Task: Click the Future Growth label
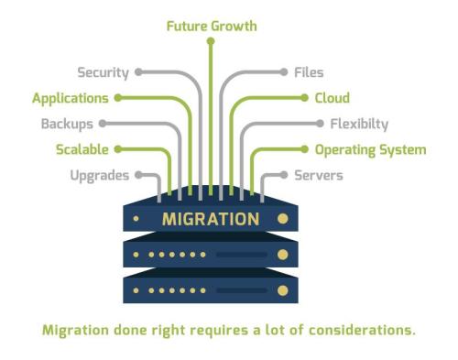(x=211, y=26)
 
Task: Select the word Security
(x=103, y=71)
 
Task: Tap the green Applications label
(x=71, y=97)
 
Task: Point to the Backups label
(x=67, y=123)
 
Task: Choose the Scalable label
(x=82, y=148)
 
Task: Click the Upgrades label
(x=100, y=174)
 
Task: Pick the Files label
(x=308, y=71)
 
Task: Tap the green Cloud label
(x=332, y=97)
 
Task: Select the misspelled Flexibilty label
(x=358, y=123)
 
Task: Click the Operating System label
(x=370, y=148)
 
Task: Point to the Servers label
(x=318, y=174)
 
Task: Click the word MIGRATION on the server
(x=211, y=220)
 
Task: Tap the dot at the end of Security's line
(x=138, y=71)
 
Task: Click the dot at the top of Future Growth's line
(x=211, y=41)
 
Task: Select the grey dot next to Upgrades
(x=137, y=174)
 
